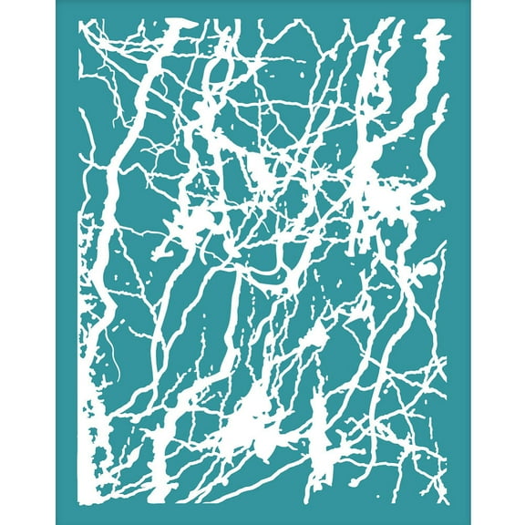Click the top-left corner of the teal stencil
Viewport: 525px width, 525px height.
[x=57, y=2]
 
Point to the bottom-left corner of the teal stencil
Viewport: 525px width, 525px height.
[x=57, y=522]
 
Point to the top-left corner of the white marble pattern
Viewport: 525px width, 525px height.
[x=79, y=20]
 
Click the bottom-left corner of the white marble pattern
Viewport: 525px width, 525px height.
[x=79, y=503]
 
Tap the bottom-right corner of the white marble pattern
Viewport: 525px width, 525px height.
[x=446, y=503]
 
